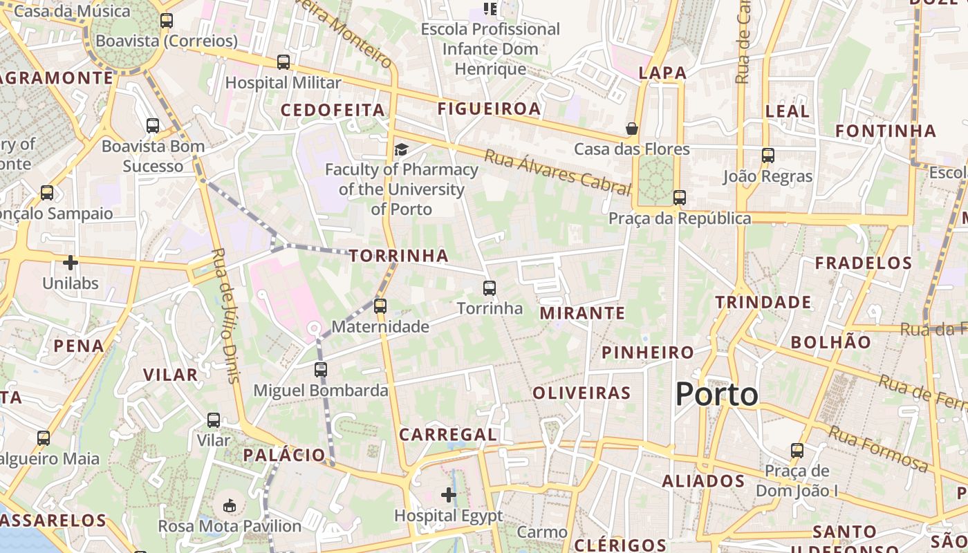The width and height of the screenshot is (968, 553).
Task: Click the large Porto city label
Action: point(716,395)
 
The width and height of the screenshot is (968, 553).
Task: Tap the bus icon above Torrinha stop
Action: point(490,288)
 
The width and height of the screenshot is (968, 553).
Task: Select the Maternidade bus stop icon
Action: point(380,306)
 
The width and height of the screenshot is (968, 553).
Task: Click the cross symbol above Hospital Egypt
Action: point(449,495)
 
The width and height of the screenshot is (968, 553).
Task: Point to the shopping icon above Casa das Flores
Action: point(632,129)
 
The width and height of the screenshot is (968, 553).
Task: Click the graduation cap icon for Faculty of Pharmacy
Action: point(401,149)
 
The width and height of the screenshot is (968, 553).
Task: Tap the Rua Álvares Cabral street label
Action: point(557,170)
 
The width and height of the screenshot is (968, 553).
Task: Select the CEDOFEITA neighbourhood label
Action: point(333,110)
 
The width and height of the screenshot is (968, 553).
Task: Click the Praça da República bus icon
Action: point(680,198)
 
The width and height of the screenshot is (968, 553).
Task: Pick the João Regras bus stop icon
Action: point(768,156)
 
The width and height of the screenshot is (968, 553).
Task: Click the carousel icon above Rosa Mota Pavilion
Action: point(230,506)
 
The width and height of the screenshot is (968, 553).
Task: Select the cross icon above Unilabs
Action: point(71,263)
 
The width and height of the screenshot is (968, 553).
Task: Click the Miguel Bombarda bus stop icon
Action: point(321,370)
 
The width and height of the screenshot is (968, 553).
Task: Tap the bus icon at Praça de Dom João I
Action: point(797,451)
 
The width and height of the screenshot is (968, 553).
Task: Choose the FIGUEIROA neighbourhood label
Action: point(489,109)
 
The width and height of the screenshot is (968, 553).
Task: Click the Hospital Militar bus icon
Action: point(283,62)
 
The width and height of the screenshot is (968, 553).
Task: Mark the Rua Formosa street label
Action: point(878,448)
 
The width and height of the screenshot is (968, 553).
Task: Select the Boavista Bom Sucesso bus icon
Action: point(153,126)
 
